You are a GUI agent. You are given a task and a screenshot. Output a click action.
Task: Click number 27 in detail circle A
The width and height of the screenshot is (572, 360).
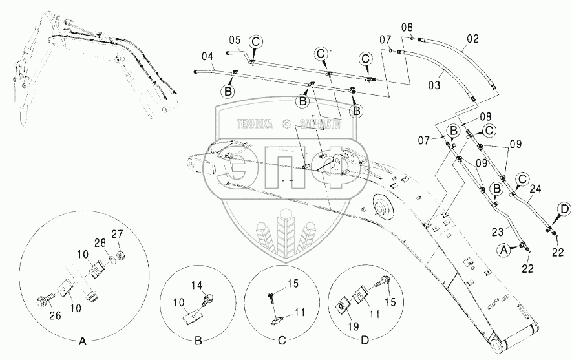coord(117,234)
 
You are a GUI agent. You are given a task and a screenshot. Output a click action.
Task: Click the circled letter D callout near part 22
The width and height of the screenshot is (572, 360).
coord(564,208)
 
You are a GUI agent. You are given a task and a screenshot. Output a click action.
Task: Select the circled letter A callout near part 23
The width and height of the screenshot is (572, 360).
coord(505,248)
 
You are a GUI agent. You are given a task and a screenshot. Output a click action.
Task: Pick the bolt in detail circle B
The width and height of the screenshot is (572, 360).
coord(209,298)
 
